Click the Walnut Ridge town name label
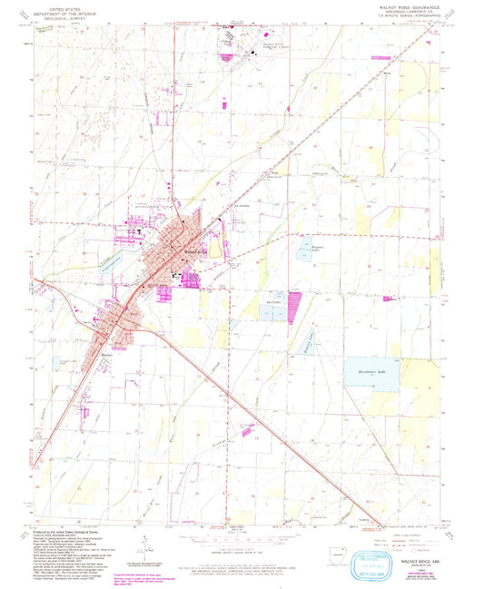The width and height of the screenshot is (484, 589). (184, 251)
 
